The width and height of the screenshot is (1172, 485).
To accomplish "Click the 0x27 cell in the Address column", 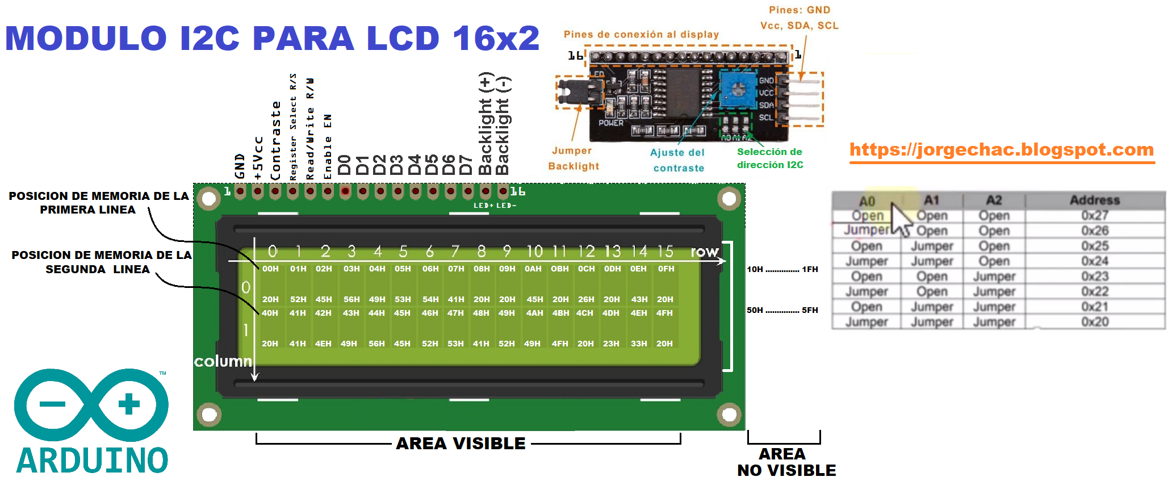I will (1094, 215).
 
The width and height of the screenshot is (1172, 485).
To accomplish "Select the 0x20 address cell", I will (1094, 321).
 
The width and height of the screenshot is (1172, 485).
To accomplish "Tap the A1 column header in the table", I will (931, 200).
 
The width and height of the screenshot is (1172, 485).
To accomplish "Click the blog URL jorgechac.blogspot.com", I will (1002, 149).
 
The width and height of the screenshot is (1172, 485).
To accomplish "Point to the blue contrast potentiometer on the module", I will (738, 89).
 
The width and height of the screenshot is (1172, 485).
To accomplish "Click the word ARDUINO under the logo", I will (92, 461).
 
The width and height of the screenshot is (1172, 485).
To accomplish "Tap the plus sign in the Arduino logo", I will (129, 404).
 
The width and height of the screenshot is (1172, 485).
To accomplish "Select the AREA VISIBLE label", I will (461, 444).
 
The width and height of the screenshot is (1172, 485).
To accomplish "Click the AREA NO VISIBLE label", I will (786, 462).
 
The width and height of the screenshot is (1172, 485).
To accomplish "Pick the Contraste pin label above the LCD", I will (275, 141).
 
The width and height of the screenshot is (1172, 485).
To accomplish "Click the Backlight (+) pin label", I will (485, 123).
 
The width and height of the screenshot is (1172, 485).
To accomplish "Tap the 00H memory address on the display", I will (270, 269).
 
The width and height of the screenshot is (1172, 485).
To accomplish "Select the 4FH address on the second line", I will (664, 313).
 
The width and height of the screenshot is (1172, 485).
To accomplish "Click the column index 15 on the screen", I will (665, 251).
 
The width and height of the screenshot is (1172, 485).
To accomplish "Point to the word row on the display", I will (704, 252).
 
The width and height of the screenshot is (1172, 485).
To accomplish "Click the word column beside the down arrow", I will (223, 361).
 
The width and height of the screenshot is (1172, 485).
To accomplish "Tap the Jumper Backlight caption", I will (573, 158).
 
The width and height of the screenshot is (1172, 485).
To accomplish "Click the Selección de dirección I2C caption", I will (770, 158).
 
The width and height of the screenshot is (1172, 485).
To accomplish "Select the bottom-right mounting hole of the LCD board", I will (729, 414).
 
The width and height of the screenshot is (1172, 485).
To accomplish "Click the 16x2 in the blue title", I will (496, 38).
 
